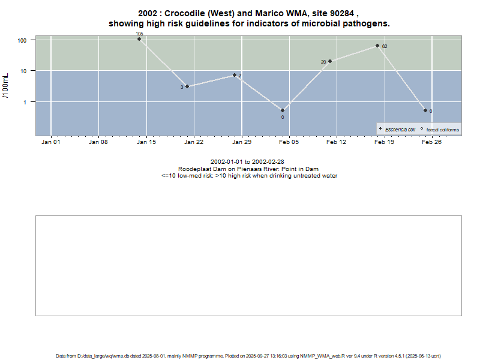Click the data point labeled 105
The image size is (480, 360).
click(x=139, y=39)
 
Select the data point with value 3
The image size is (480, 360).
click(x=187, y=86)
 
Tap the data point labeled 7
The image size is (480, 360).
click(x=235, y=75)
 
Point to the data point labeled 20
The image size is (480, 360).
click(x=330, y=61)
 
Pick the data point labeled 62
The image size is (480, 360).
click(x=377, y=46)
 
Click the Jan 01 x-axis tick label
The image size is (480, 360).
click(x=50, y=142)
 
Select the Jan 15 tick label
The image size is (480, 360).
click(x=146, y=142)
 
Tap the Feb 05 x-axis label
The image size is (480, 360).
click(x=289, y=142)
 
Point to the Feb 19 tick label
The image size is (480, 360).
click(x=384, y=142)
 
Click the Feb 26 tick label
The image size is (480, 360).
click(x=431, y=142)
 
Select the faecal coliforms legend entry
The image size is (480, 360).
click(x=442, y=130)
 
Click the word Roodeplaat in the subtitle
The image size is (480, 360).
click(x=193, y=169)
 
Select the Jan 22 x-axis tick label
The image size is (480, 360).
click(x=193, y=142)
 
